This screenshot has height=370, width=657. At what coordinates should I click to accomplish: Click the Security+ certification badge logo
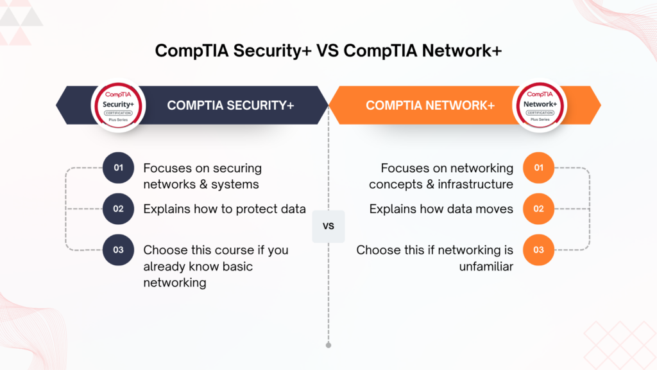click(x=118, y=105)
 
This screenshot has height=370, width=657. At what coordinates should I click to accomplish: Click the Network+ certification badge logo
click(x=540, y=105)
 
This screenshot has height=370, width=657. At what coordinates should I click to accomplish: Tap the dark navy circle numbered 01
click(x=118, y=168)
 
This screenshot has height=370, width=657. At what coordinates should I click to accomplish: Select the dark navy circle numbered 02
click(x=118, y=209)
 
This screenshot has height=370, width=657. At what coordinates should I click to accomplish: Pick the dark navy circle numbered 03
click(x=118, y=250)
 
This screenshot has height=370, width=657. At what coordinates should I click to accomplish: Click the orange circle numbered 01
click(x=538, y=168)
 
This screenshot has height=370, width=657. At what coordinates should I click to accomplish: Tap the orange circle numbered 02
click(x=538, y=209)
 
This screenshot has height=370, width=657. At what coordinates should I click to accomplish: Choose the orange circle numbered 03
click(x=538, y=250)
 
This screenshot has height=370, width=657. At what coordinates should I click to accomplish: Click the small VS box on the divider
click(x=328, y=227)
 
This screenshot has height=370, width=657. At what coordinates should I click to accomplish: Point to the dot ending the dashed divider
click(x=328, y=345)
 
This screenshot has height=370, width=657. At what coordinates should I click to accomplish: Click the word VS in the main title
click(x=327, y=51)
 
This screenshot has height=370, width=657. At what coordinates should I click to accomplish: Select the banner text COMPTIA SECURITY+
click(x=230, y=105)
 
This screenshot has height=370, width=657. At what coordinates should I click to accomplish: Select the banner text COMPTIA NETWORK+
click(x=431, y=105)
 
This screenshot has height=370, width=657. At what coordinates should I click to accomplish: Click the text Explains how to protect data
click(x=225, y=209)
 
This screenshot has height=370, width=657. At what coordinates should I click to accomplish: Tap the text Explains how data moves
click(x=441, y=209)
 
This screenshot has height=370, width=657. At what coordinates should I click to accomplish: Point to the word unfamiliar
click(x=486, y=267)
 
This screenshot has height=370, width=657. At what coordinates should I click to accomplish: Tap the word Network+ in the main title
click(x=462, y=51)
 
